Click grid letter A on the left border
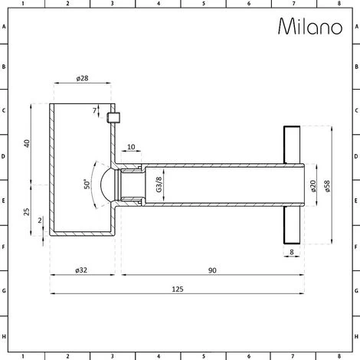click(5, 28)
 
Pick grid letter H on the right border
click(355, 335)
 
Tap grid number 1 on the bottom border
click(23, 355)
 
